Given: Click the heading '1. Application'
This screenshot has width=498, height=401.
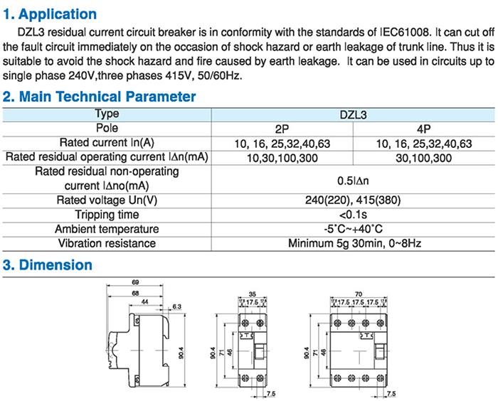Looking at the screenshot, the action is (50, 14).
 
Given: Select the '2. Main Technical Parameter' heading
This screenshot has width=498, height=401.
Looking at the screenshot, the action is (99, 97).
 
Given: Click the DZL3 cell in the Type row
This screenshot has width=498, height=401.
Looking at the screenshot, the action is (353, 114).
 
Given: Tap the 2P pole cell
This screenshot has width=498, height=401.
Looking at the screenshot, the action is (282, 129).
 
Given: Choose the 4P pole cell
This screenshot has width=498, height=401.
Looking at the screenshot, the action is (424, 129).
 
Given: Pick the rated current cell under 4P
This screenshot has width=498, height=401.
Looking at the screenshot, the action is (424, 144).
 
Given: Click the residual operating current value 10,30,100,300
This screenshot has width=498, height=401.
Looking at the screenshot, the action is (282, 158).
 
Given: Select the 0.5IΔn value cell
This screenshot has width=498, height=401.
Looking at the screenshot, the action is (353, 181).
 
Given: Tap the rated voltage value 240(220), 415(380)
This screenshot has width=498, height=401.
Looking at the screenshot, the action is (353, 200).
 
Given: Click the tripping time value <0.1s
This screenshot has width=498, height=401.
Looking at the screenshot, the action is (353, 215).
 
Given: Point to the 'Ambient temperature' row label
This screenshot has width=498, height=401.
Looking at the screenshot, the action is (107, 229).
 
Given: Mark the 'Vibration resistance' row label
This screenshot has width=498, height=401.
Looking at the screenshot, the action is (107, 243).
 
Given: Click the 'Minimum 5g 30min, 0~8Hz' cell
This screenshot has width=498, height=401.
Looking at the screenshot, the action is (354, 243).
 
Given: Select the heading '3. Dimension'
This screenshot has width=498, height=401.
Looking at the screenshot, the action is (48, 264).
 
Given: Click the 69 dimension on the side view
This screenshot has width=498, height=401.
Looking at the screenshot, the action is (135, 282).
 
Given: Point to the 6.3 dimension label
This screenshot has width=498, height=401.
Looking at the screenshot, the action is (176, 306).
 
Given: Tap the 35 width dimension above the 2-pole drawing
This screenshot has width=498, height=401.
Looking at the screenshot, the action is (252, 294).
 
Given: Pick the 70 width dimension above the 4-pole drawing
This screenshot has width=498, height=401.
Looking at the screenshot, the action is (359, 294).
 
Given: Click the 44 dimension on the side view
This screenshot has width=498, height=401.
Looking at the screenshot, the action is (145, 302).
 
